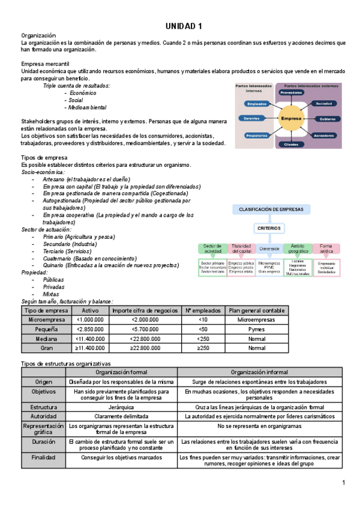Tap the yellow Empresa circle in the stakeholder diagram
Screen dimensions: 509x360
pyautogui.click(x=291, y=119)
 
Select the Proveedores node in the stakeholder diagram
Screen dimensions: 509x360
pyautogui.click(x=291, y=92)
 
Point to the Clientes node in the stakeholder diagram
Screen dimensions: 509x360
pyautogui.click(x=291, y=145)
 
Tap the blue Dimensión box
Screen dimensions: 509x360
pyautogui.click(x=269, y=248)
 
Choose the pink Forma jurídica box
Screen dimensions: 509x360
pyautogui.click(x=326, y=248)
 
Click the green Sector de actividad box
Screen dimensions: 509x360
pyautogui.click(x=213, y=248)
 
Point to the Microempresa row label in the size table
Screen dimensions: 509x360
pyautogui.click(x=46, y=320)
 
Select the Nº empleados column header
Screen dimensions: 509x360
pyautogui.click(x=202, y=310)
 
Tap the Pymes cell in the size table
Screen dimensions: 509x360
pyautogui.click(x=256, y=330)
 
